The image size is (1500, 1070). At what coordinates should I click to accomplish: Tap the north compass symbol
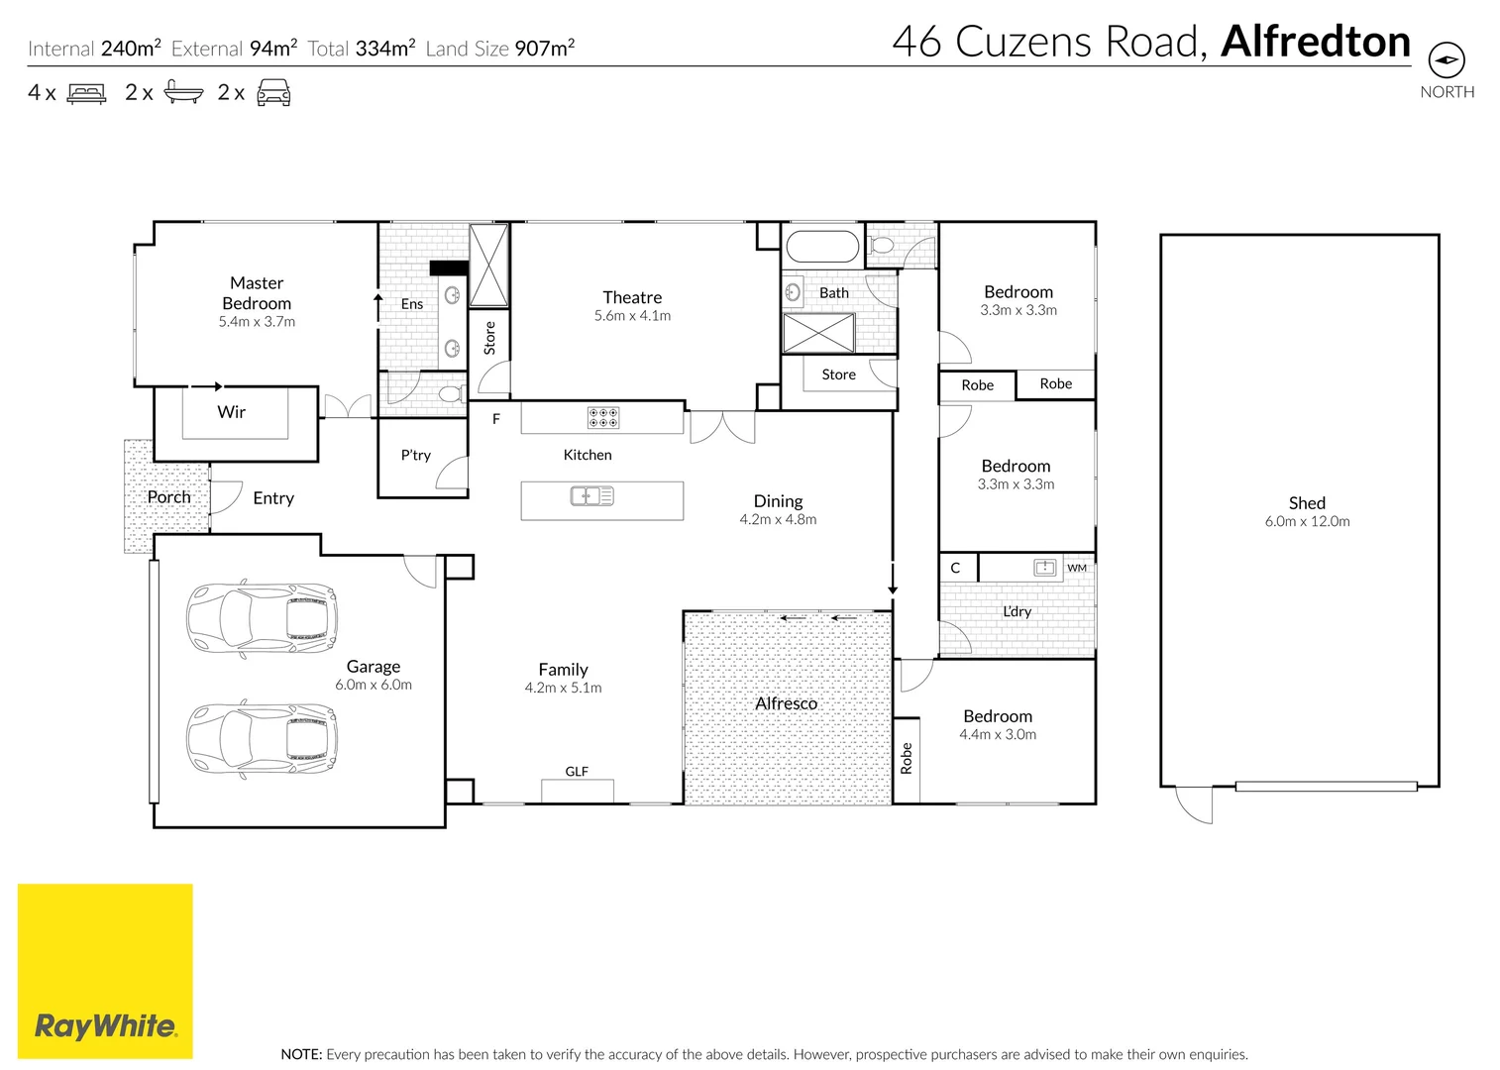1447,60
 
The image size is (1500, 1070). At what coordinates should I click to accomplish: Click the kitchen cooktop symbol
602,418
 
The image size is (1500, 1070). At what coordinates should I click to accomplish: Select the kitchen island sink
592,495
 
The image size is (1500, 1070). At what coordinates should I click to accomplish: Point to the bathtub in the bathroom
821,248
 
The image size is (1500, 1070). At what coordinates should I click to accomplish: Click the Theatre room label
632,297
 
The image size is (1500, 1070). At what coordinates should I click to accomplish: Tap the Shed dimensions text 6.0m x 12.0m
1307,522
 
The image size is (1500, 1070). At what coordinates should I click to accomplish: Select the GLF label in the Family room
577,772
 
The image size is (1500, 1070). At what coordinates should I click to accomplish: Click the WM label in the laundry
1077,568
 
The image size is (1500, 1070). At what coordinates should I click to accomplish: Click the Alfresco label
786,703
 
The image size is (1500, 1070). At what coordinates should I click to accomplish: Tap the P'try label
416,456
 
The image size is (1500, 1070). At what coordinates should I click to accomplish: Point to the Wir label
232,412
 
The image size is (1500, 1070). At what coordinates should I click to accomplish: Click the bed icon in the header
86,94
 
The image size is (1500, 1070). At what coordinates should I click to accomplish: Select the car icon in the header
273,94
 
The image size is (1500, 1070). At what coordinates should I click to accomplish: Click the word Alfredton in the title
1316,42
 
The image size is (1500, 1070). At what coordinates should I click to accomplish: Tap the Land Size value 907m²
544,49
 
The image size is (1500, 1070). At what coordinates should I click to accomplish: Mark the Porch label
168,497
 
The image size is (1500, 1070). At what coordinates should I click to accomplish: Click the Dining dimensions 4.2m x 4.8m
778,520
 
